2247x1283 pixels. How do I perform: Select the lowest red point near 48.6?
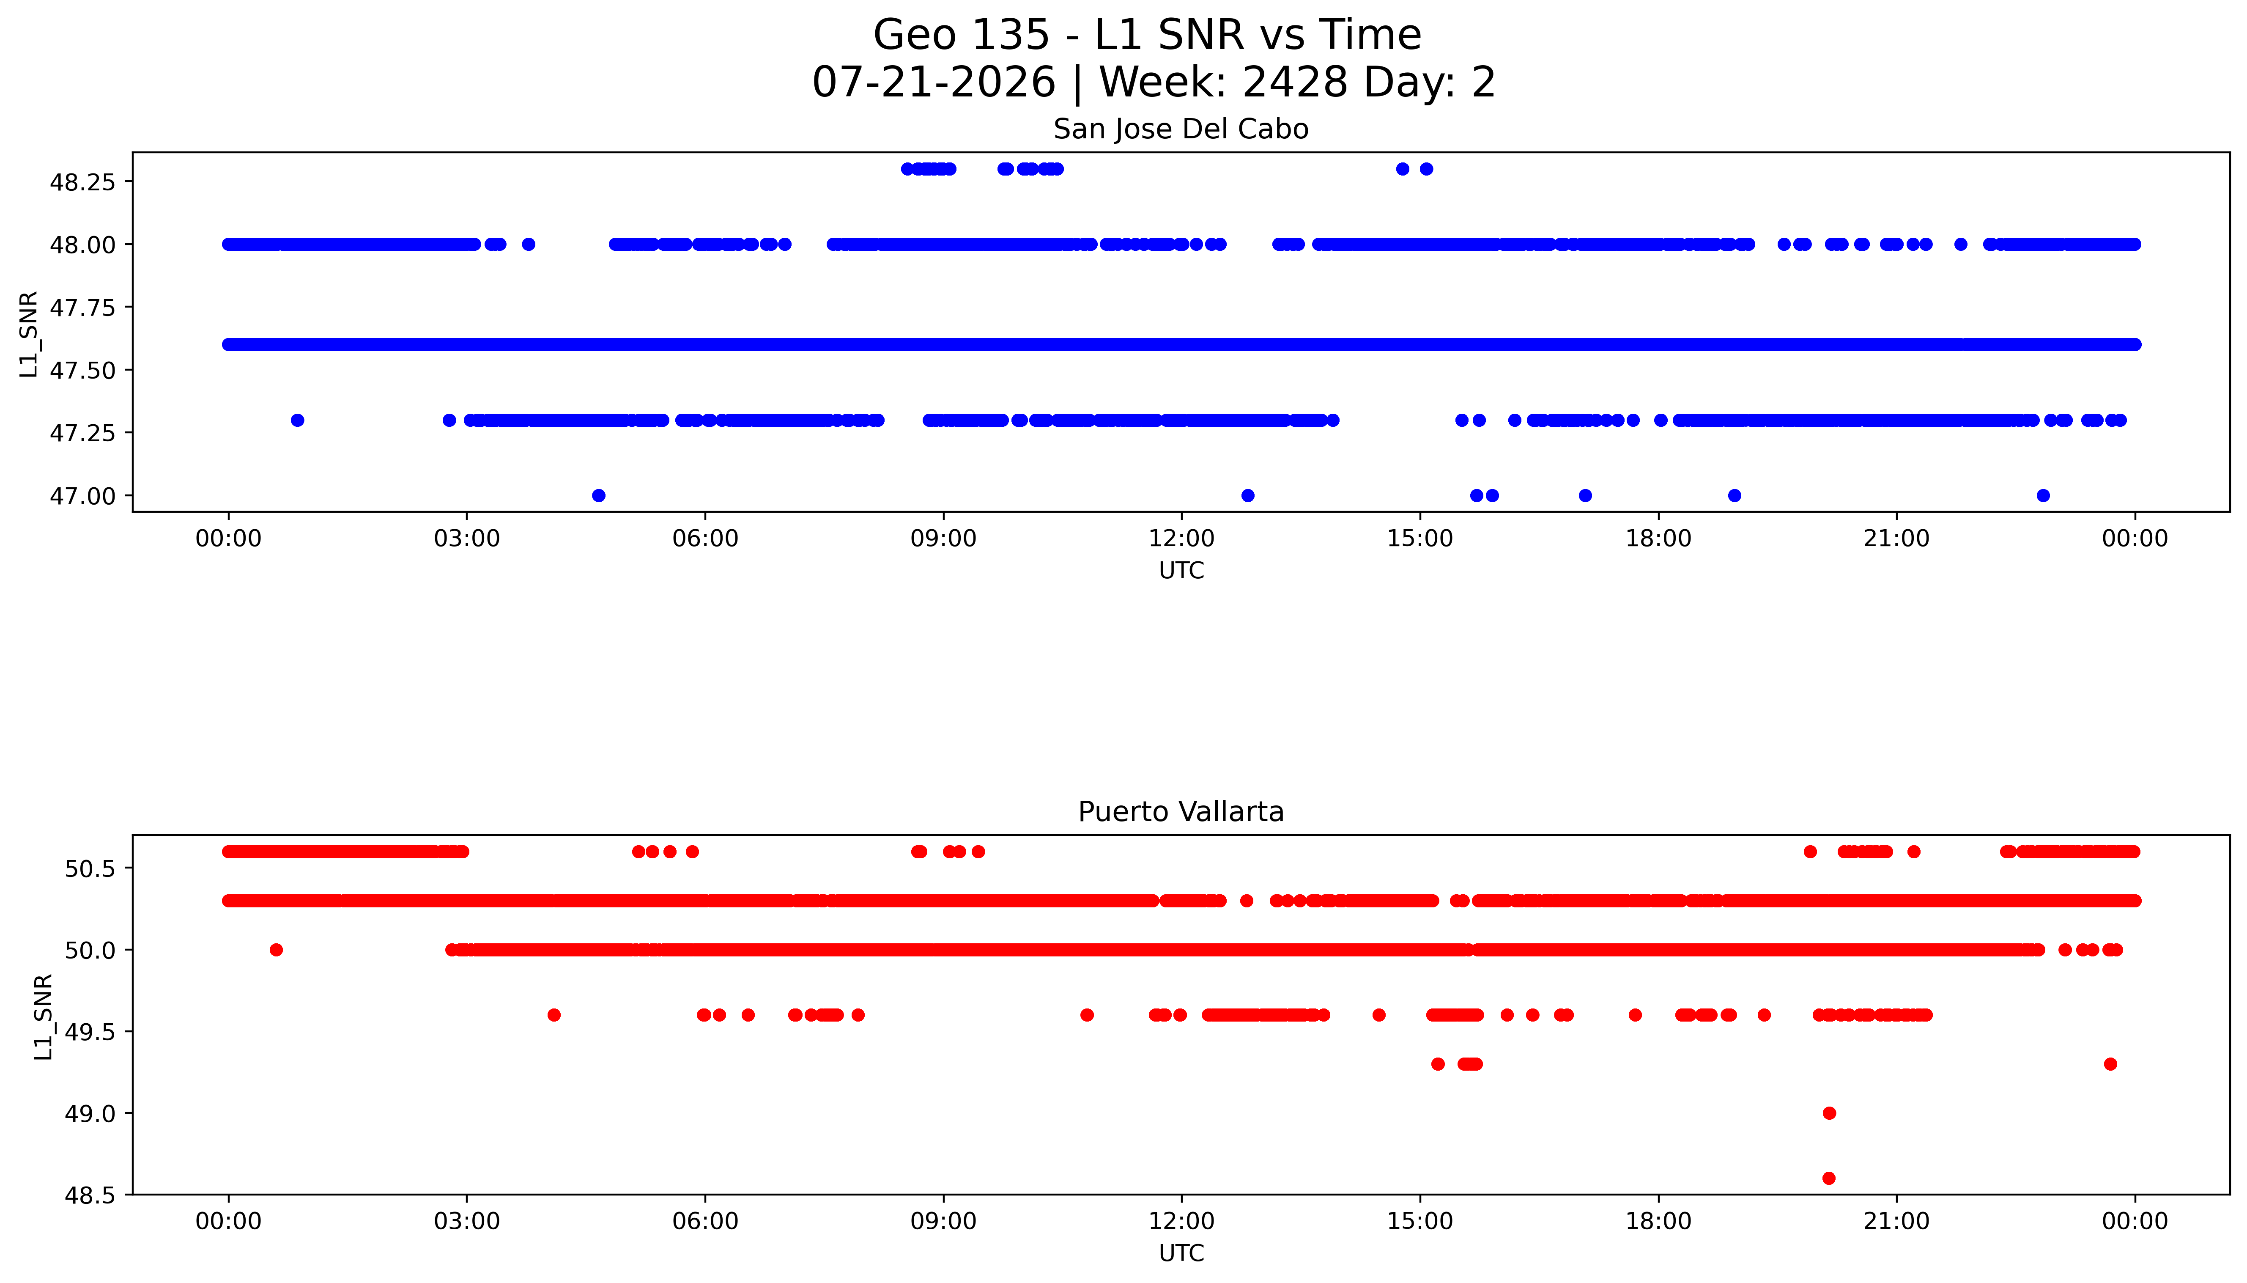pyautogui.click(x=1829, y=1178)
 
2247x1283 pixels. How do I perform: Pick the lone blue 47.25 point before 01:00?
pyautogui.click(x=298, y=420)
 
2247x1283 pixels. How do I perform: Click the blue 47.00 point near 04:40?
pyautogui.click(x=599, y=495)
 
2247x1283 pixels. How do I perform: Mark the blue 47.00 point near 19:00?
pyautogui.click(x=1735, y=495)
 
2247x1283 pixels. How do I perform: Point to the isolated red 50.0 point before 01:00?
pyautogui.click(x=277, y=950)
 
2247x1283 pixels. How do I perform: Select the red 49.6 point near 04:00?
pyautogui.click(x=554, y=1015)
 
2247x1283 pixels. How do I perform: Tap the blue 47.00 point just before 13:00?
pyautogui.click(x=1247, y=495)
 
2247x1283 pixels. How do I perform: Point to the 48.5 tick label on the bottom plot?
pyautogui.click(x=90, y=1196)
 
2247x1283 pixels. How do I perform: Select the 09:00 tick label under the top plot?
pyautogui.click(x=943, y=538)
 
